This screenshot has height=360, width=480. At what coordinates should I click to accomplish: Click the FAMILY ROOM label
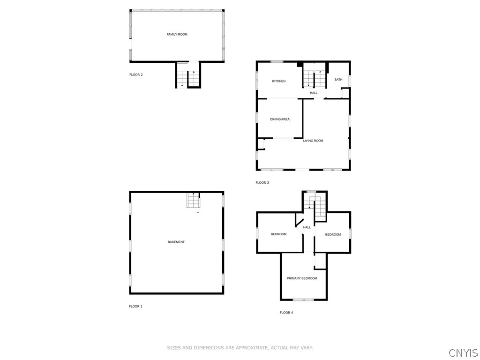177,34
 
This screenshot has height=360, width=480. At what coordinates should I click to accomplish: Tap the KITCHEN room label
279,81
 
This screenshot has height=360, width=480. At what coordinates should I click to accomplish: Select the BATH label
338,80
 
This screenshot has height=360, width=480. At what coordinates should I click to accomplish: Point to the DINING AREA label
279,119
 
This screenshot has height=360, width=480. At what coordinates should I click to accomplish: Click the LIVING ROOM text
313,141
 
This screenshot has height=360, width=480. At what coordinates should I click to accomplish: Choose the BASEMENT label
176,242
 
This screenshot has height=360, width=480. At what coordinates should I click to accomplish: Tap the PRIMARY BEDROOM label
302,278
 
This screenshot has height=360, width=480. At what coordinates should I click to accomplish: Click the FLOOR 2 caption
136,75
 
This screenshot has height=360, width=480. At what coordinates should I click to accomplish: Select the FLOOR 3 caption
262,182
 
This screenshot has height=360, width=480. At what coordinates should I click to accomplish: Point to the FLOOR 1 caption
135,306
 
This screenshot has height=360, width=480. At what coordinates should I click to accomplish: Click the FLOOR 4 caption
286,313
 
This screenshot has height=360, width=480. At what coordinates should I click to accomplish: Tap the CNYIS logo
463,352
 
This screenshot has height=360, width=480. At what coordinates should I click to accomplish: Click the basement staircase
194,200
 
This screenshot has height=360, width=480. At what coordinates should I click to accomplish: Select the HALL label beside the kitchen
314,93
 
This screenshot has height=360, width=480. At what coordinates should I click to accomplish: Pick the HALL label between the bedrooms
307,227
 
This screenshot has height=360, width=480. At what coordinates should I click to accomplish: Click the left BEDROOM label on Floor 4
278,234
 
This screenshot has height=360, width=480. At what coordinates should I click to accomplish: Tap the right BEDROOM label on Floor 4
333,234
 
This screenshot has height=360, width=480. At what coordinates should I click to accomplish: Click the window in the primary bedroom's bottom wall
303,299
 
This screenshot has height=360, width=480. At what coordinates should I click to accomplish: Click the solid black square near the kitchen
300,65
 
